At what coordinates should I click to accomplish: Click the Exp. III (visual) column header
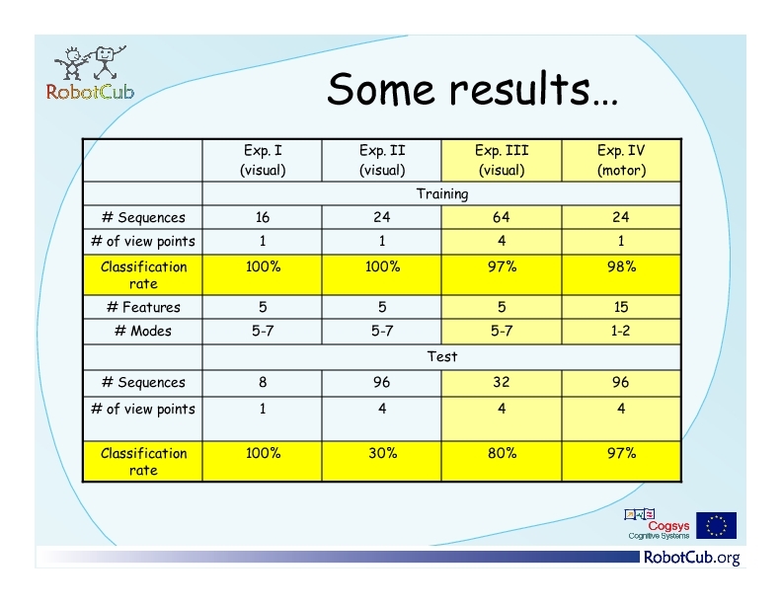(502, 160)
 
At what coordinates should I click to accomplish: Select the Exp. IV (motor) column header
(621, 160)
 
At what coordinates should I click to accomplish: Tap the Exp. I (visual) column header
(263, 160)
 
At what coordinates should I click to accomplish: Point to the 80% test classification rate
(502, 453)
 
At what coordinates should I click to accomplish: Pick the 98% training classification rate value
(621, 266)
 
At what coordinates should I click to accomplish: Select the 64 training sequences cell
(502, 217)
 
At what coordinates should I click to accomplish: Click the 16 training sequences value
(263, 217)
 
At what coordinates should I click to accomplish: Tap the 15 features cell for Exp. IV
(621, 307)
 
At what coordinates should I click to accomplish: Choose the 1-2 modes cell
(621, 331)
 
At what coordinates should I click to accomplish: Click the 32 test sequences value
(502, 382)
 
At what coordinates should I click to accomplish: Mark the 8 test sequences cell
(263, 382)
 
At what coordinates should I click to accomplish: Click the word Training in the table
(442, 193)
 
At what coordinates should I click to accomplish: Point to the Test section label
(442, 356)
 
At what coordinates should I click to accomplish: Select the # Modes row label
(143, 331)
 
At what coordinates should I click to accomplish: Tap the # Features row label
(143, 307)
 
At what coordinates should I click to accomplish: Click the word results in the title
(519, 89)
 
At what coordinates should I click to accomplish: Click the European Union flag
(716, 525)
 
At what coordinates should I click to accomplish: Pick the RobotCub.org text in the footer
(692, 558)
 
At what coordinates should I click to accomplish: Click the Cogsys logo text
(668, 526)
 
